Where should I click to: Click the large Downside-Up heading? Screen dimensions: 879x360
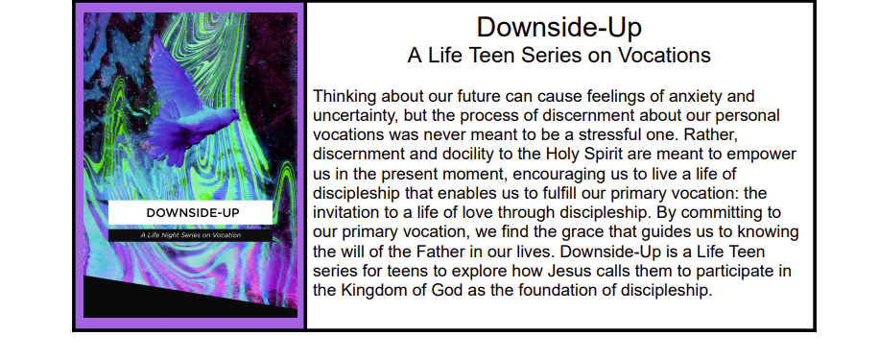[x=558, y=27]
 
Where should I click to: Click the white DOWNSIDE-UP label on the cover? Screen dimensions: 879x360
[x=190, y=212]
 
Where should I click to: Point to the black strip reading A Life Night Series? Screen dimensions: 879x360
[x=190, y=235]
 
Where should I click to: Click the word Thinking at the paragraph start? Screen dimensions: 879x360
[x=344, y=97]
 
